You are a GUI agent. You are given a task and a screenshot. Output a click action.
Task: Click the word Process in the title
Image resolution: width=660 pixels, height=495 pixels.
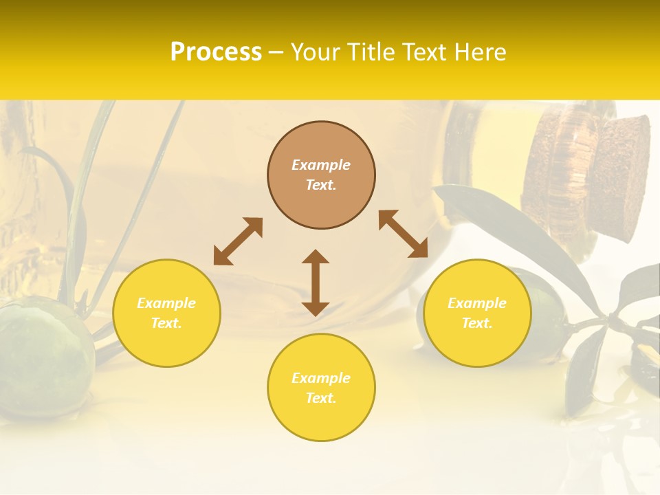coord(216,52)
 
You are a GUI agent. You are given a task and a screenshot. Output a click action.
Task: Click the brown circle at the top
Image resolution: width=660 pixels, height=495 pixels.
coord(321,175)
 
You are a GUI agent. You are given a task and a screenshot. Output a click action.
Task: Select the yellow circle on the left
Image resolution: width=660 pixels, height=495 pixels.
coord(166,313)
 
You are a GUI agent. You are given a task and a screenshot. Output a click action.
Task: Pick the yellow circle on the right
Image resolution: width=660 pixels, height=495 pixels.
coord(477,313)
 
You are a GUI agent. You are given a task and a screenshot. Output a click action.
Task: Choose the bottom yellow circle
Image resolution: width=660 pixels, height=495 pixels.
coord(321,387)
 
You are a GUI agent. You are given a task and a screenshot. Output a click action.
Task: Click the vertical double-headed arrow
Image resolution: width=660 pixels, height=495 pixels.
coord(316,283)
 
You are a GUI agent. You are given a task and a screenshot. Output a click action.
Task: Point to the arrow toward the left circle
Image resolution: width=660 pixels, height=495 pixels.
coord(238,241)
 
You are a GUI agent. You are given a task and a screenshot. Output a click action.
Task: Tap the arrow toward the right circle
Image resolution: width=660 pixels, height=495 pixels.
coord(403,234)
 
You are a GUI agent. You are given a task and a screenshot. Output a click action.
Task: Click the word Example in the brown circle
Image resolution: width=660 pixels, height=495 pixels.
coord(321,165)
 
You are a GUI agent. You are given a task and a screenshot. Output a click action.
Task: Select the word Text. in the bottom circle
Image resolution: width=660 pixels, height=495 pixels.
coord(321,398)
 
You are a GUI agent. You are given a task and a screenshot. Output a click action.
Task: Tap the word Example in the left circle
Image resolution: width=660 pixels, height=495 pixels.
coord(166,303)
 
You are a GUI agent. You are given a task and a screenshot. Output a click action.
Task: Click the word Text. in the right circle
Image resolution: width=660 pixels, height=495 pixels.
coord(477,323)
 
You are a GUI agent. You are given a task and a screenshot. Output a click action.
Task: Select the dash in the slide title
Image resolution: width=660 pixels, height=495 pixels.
coord(276,52)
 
